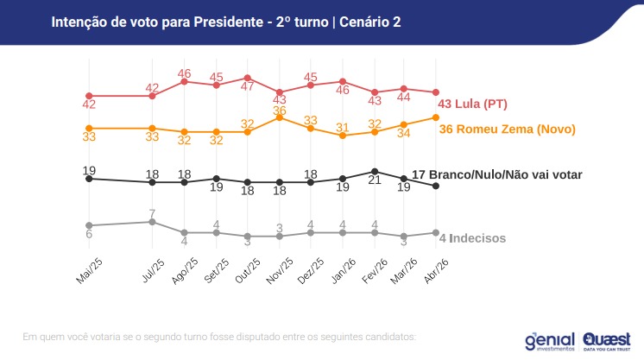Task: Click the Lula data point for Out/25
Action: (x=247, y=78)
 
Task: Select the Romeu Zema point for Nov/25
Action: (x=280, y=117)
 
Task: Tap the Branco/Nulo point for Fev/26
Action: (x=375, y=172)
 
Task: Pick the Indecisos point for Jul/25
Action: (x=152, y=222)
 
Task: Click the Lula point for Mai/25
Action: (x=89, y=96)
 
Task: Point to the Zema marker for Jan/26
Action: (x=343, y=136)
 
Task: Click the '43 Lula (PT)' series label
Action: (x=472, y=104)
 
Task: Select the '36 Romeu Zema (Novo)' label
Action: (x=508, y=129)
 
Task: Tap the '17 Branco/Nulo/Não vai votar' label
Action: (x=497, y=174)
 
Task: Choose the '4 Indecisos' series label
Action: (x=472, y=238)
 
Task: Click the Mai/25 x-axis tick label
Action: (x=90, y=271)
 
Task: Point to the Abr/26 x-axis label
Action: (x=436, y=271)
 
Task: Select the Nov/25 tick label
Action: (x=280, y=271)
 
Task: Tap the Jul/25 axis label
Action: (x=153, y=271)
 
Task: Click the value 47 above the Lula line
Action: (x=247, y=86)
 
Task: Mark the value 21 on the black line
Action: (x=375, y=180)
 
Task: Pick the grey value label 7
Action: (x=152, y=214)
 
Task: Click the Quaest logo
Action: (x=607, y=342)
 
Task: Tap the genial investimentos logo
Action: (x=550, y=342)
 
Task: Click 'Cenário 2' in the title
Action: (x=370, y=22)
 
